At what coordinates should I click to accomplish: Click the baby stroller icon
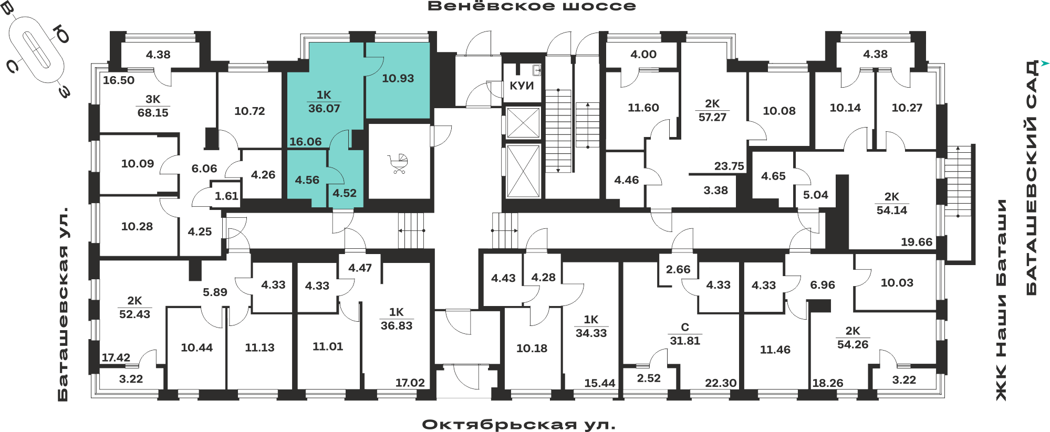[399, 164]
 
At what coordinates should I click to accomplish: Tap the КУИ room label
[522, 86]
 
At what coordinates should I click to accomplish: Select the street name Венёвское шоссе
[532, 6]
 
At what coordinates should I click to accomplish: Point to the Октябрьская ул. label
[518, 424]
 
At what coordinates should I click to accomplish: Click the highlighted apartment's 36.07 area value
[324, 109]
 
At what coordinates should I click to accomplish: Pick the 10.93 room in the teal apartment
[398, 78]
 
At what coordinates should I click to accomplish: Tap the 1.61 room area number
[226, 196]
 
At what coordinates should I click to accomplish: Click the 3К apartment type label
[153, 99]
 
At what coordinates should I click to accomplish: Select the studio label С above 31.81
[685, 327]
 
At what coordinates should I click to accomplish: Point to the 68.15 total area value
[153, 113]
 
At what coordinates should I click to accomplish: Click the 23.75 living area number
[729, 166]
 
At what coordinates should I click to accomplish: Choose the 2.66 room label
[678, 269]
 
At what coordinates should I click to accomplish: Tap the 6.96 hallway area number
[822, 285]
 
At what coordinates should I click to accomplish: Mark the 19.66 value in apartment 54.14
[917, 242]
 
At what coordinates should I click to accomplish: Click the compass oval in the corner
[37, 49]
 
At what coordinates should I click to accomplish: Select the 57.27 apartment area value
[712, 117]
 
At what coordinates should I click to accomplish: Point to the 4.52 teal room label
[345, 193]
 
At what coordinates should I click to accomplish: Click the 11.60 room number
[643, 108]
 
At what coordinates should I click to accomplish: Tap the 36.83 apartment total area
[397, 325]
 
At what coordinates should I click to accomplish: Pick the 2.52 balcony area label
[649, 378]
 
